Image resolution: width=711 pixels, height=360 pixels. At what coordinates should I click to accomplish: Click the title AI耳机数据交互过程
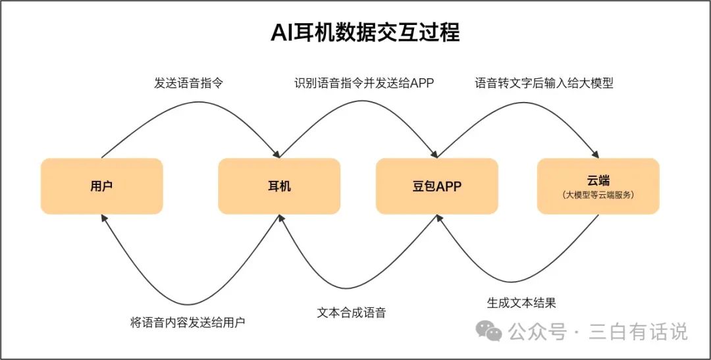point(365,33)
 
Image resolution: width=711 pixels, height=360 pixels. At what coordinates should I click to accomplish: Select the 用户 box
point(101,186)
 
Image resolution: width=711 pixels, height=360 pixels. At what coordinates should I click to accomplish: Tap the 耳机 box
point(279,186)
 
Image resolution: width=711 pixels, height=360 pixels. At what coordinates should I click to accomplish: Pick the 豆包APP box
point(436,186)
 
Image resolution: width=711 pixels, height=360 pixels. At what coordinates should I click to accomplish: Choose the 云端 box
point(598,186)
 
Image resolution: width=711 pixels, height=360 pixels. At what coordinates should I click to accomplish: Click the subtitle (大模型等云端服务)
point(598,195)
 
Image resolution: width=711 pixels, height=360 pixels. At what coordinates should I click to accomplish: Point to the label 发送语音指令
point(188,84)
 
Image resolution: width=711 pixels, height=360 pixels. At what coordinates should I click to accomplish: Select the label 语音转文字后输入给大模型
point(544,84)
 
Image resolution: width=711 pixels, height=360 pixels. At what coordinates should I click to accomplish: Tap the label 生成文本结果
point(521,303)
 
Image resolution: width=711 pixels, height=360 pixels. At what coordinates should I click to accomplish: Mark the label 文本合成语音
point(351,313)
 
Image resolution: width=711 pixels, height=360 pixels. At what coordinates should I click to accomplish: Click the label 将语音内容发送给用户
point(188,323)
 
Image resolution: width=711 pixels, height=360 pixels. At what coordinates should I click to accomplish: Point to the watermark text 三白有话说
point(638,332)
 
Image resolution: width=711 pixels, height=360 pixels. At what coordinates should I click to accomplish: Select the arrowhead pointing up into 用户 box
point(104,219)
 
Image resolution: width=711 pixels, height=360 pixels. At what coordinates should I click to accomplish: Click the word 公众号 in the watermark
point(537,332)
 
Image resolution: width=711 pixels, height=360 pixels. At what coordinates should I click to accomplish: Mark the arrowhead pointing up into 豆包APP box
point(439,219)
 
